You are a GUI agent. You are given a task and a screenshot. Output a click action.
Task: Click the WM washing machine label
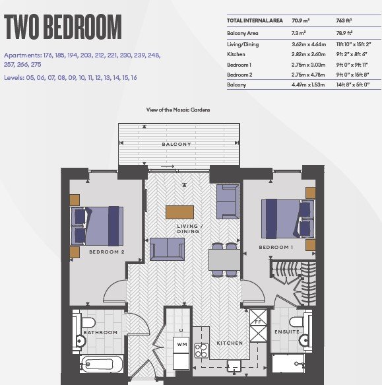[x=182, y=345]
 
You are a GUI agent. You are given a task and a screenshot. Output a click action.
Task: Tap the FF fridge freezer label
[x=258, y=322]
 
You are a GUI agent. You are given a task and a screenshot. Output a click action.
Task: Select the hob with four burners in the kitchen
[x=202, y=351]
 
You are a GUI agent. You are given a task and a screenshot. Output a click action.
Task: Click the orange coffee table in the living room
[x=179, y=213]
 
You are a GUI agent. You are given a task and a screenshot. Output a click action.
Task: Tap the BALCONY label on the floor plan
[x=176, y=145]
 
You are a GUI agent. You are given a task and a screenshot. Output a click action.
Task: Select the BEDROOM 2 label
[x=107, y=252]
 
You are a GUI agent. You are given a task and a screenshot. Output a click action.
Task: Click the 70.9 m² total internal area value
[x=301, y=20]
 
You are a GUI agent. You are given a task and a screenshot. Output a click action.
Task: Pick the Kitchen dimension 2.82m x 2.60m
[x=309, y=54]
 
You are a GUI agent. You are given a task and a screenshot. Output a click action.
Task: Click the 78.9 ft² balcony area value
[x=344, y=33]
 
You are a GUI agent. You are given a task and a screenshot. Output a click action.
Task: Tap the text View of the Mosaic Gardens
[x=178, y=110]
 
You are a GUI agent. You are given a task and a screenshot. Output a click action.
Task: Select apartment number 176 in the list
[x=48, y=55]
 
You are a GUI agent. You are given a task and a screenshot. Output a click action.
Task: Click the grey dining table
[x=224, y=260]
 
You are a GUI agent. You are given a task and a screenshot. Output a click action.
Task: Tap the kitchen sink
[x=234, y=366]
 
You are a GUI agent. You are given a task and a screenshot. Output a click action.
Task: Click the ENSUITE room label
[x=287, y=332]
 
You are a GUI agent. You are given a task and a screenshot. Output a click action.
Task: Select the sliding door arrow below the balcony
[x=168, y=166]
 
